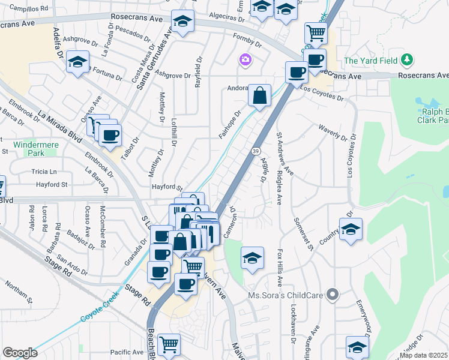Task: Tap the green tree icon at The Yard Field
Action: tap(408, 59)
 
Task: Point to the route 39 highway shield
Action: tap(256, 151)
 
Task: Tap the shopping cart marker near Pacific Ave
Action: tap(169, 345)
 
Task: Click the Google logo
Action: tap(20, 353)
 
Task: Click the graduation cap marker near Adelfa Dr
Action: tap(77, 62)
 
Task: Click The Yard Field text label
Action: tap(369, 60)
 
